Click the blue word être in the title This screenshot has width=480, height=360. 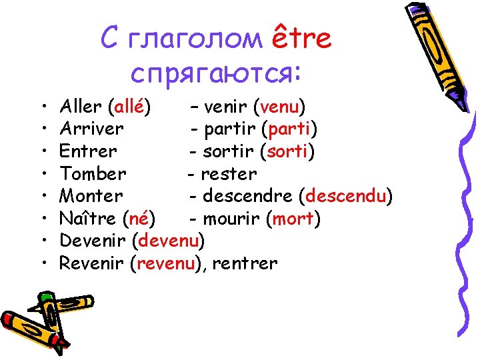(x=302, y=39)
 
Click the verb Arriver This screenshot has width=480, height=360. (x=91, y=128)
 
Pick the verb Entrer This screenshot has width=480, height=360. (x=88, y=151)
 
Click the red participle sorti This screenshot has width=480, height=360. (x=287, y=151)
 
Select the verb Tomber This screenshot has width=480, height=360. (x=93, y=173)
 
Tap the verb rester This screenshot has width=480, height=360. (x=229, y=173)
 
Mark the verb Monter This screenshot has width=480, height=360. (x=91, y=196)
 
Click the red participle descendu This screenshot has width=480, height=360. (x=347, y=196)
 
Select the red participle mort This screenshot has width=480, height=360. (x=293, y=218)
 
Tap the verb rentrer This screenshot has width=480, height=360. (x=245, y=263)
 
